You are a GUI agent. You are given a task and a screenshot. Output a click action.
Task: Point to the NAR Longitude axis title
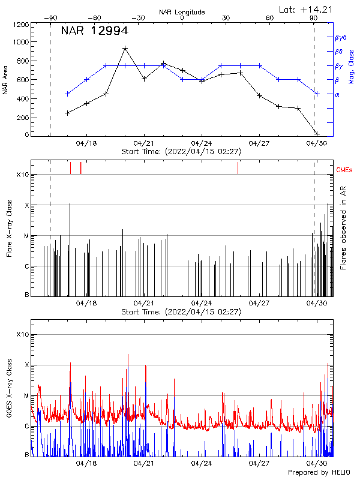point(182,12)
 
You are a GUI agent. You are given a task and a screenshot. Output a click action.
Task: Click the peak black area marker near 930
point(125,49)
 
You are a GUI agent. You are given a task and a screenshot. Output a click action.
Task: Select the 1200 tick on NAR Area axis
point(22,25)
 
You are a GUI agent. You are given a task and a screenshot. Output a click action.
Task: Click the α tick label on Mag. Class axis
point(337,94)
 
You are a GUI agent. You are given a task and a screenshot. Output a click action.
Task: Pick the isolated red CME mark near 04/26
point(238,167)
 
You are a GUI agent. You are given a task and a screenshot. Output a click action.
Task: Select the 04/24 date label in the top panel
point(202,144)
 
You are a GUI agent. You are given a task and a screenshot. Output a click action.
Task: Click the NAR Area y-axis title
point(5,80)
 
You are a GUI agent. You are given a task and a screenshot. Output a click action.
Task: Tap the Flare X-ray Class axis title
point(9,227)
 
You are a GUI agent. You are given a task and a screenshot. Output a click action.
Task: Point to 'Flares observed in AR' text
point(343,227)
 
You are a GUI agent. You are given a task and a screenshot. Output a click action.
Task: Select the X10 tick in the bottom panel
point(22,334)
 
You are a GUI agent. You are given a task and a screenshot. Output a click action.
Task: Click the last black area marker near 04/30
point(317,134)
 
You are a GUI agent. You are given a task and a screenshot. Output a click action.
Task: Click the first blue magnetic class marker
point(68,94)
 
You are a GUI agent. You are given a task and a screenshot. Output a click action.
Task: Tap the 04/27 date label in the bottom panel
point(259,463)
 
